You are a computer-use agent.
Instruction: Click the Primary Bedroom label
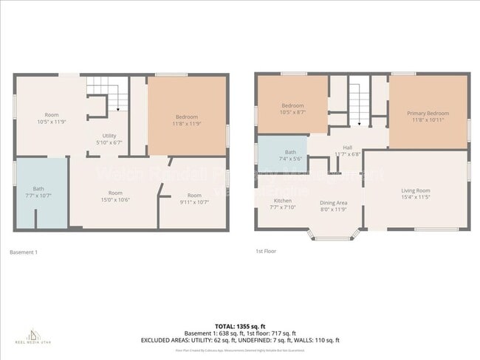(428, 114)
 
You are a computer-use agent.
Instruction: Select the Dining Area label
(333, 203)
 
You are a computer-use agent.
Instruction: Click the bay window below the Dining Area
(333, 235)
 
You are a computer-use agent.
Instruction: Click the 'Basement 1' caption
(23, 252)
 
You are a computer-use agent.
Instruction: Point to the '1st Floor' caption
(265, 252)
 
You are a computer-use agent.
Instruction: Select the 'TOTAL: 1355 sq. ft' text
(239, 325)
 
